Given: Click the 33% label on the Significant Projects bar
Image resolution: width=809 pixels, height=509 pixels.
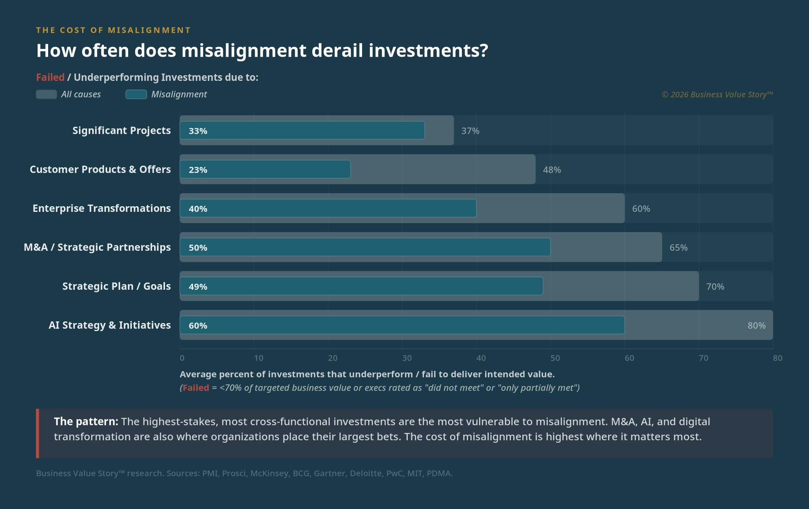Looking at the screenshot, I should click(198, 131).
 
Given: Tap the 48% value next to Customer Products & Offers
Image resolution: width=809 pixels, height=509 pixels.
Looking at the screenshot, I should click(552, 170).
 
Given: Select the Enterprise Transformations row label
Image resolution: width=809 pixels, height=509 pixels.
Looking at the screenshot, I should click(102, 208).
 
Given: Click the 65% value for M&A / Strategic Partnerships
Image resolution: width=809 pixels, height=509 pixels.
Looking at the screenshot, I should click(678, 247).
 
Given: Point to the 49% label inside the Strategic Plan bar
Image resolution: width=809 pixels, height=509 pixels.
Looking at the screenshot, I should click(198, 287).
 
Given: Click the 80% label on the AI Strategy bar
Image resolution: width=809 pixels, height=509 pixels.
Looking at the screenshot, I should click(756, 325).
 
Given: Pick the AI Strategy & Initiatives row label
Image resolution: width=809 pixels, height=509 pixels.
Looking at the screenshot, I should click(110, 325).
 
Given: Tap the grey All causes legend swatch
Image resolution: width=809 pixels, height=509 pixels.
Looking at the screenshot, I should click(46, 94).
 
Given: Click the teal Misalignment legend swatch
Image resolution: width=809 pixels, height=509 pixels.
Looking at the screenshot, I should click(136, 94).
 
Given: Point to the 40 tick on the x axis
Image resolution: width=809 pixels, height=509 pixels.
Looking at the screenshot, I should click(481, 358).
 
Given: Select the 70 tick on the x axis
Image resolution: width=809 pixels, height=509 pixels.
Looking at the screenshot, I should click(703, 358).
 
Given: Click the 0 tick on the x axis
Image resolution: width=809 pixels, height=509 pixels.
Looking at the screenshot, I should click(182, 358).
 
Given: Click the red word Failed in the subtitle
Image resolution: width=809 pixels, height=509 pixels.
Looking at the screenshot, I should click(50, 77).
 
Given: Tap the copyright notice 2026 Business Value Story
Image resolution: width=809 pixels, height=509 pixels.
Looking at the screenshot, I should click(717, 95).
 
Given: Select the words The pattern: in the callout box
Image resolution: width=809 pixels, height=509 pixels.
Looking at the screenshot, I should click(86, 421).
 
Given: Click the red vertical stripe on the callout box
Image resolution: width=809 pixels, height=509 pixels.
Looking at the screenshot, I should click(38, 433).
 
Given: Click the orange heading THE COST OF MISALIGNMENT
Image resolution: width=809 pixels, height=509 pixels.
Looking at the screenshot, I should click(113, 30).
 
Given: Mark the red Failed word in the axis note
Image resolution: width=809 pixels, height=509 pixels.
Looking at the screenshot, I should click(196, 388).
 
